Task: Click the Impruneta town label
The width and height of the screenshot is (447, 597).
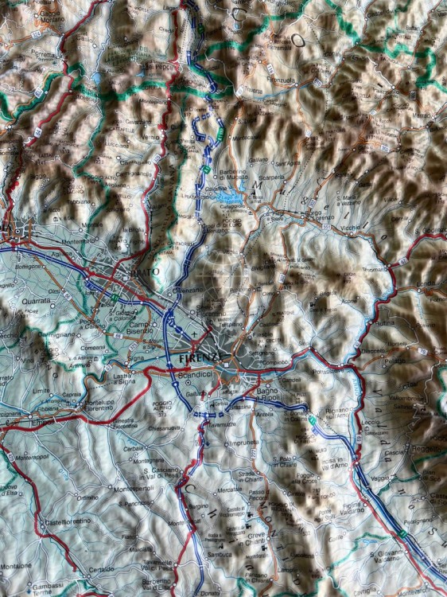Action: click(243, 444)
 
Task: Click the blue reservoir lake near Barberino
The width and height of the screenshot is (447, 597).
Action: click(228, 194)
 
